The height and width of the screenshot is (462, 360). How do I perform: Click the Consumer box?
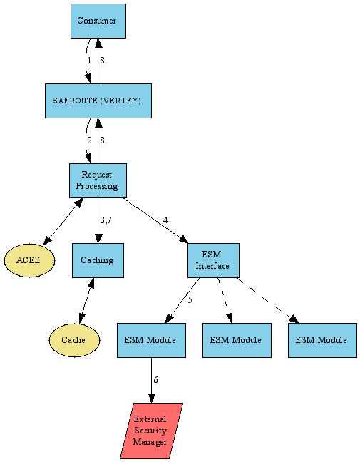pyautogui.click(x=98, y=21)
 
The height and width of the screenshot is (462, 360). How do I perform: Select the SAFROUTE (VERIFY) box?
pyautogui.click(x=97, y=101)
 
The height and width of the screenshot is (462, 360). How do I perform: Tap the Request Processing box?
pyautogui.click(x=98, y=180)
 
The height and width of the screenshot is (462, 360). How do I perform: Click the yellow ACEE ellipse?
pyautogui.click(x=29, y=260)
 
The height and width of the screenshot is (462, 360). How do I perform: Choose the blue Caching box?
pyautogui.click(x=98, y=260)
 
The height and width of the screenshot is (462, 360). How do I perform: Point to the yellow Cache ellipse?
pyautogui.click(x=73, y=340)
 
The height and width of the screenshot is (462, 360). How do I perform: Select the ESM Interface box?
pyautogui.click(x=213, y=260)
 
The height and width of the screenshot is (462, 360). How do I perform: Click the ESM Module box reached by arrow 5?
pyautogui.click(x=151, y=340)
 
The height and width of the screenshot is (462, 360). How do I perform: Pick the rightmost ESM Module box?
pyautogui.click(x=322, y=340)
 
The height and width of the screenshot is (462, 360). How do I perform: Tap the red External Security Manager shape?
pyautogui.click(x=151, y=431)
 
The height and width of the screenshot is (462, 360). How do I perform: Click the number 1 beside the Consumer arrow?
pyautogui.click(x=89, y=61)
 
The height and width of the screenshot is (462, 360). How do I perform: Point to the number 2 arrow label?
pyautogui.click(x=89, y=140)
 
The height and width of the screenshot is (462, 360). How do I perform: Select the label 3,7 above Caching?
pyautogui.click(x=106, y=220)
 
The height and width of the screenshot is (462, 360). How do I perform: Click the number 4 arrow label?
pyautogui.click(x=165, y=220)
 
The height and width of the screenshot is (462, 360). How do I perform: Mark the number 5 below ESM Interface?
pyautogui.click(x=190, y=299)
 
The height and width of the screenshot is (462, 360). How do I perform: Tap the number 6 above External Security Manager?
pyautogui.click(x=155, y=379)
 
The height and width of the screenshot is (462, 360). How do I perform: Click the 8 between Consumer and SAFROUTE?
pyautogui.click(x=103, y=61)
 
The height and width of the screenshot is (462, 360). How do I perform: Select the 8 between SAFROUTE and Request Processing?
pyautogui.click(x=103, y=140)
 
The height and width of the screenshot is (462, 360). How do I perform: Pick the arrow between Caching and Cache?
pyautogui.click(x=86, y=300)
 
